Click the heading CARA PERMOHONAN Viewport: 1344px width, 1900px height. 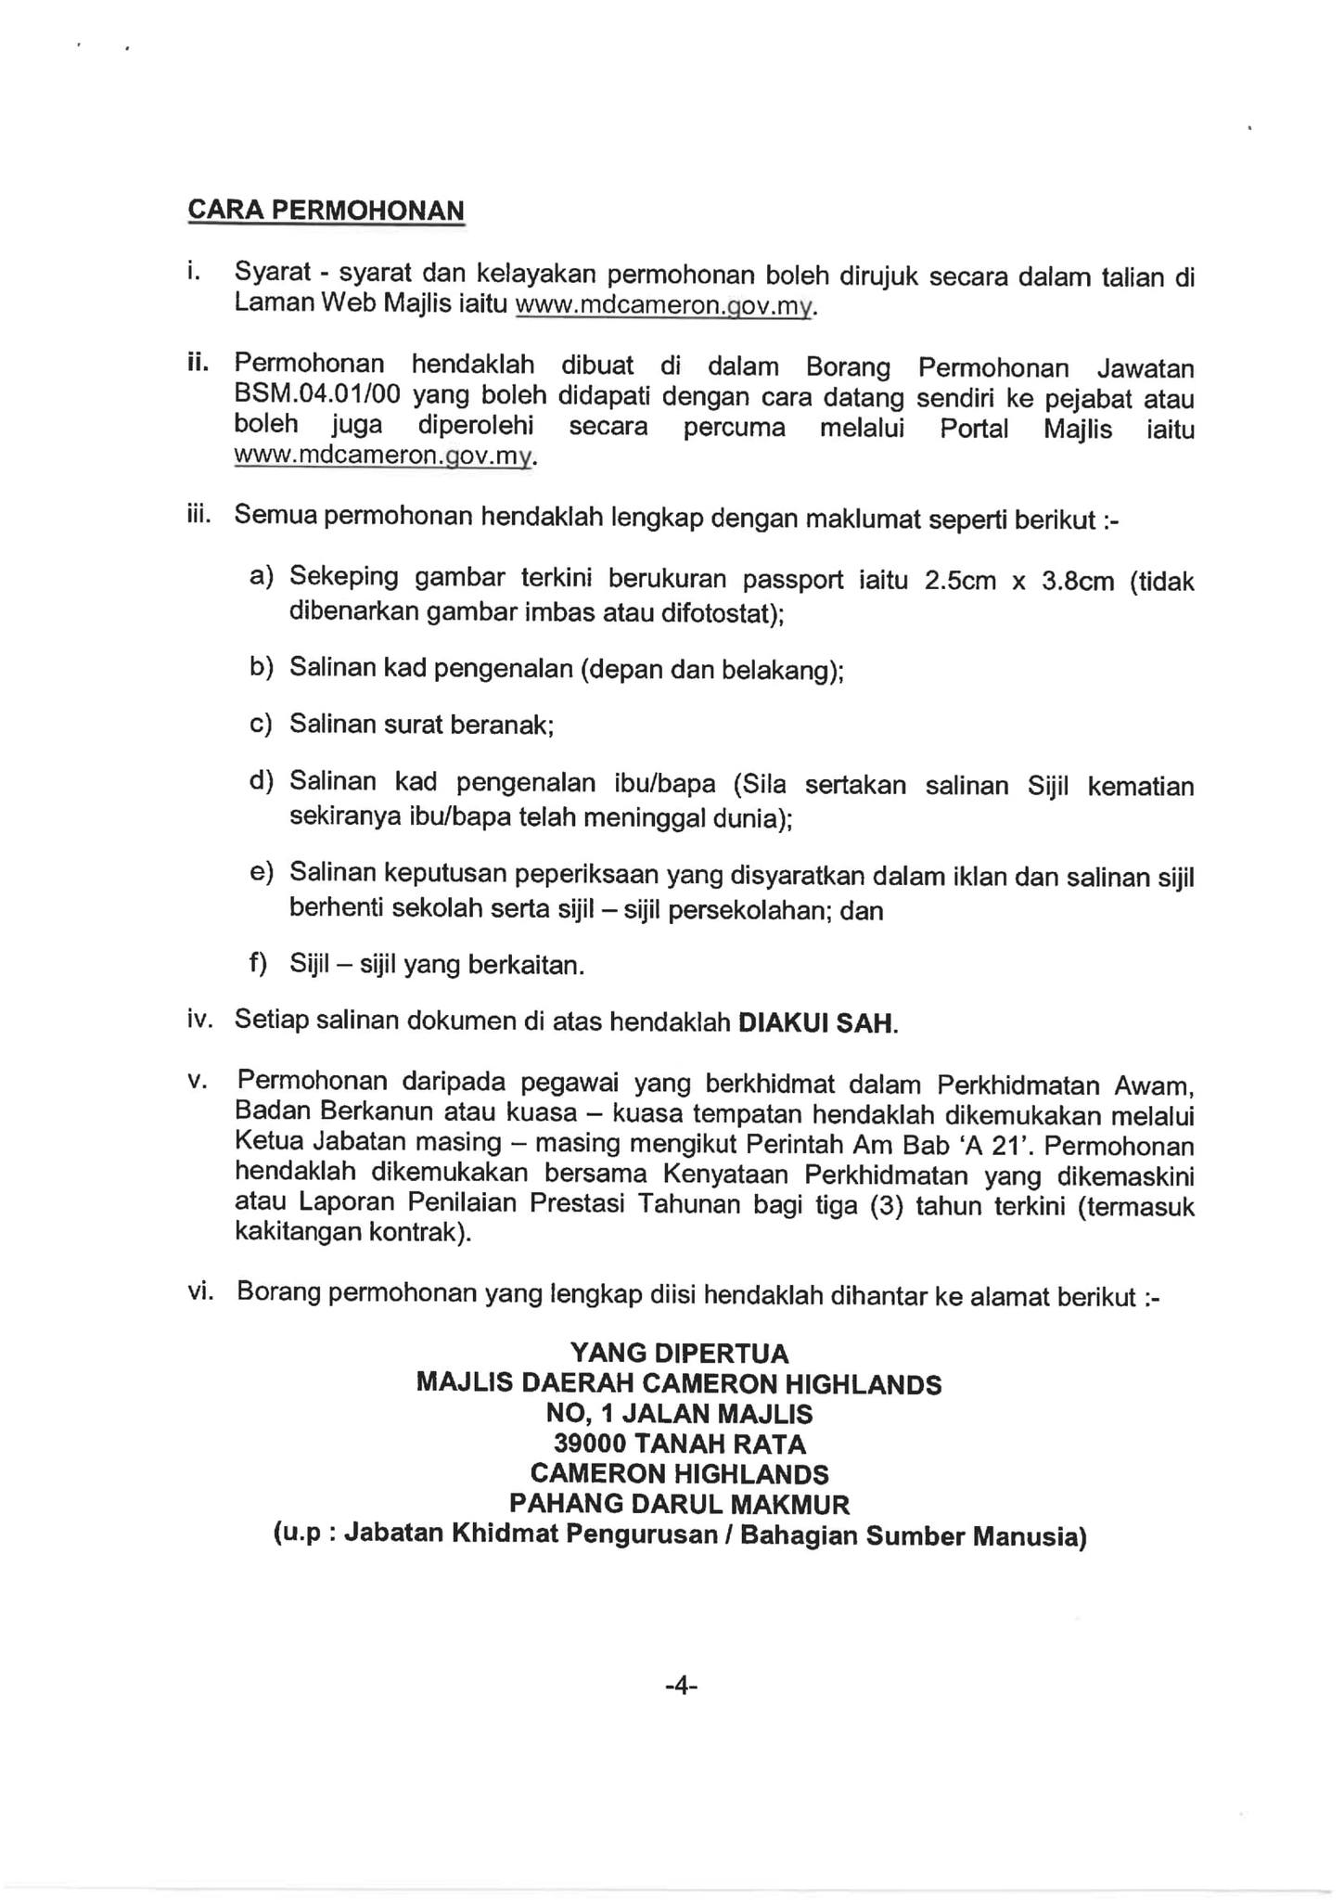(x=326, y=211)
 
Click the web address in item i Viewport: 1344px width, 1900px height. (x=664, y=306)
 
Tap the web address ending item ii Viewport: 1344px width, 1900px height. (x=385, y=457)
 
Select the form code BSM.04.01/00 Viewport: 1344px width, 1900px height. (x=317, y=397)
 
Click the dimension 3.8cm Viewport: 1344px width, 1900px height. (x=1077, y=582)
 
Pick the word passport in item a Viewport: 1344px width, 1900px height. (x=793, y=580)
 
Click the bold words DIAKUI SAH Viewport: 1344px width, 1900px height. (x=816, y=1023)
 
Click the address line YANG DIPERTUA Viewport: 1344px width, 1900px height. (x=679, y=1354)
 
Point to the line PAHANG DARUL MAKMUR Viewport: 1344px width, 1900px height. (x=679, y=1504)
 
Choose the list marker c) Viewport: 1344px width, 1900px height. (x=261, y=723)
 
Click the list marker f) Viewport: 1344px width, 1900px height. (x=258, y=964)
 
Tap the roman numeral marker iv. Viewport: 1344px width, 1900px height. (x=199, y=1021)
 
